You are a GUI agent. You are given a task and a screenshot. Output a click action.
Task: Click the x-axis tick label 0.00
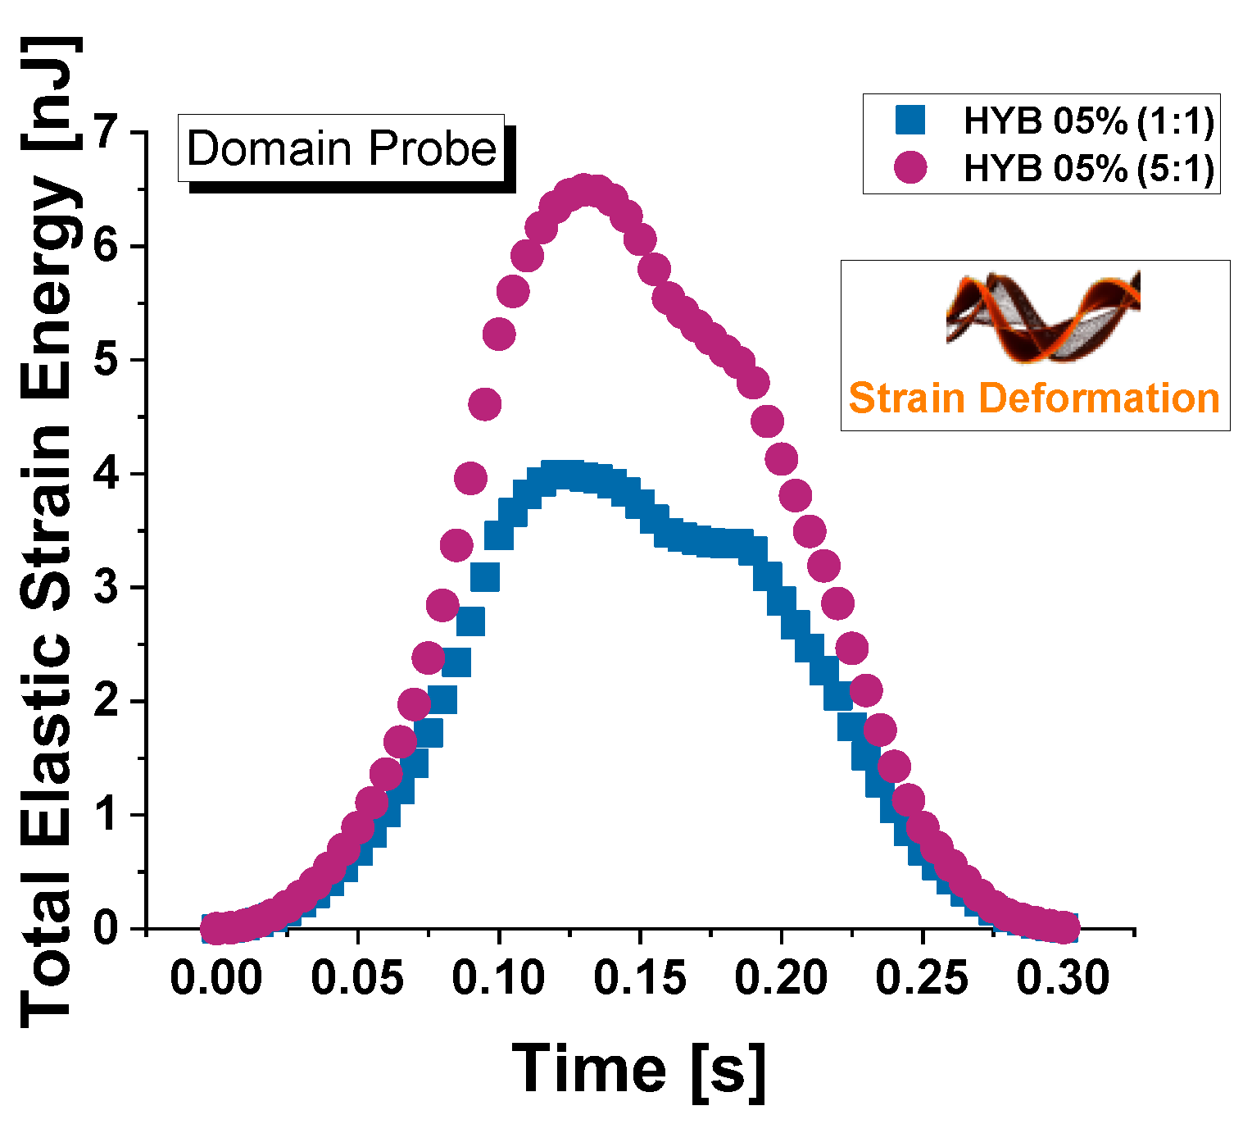(215, 979)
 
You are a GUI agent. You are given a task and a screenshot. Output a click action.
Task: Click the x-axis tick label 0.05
(357, 979)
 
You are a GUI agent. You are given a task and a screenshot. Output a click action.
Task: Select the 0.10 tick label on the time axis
(498, 979)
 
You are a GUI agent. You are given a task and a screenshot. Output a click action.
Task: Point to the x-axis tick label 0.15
(640, 979)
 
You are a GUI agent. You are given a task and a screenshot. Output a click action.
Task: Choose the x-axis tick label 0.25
(923, 979)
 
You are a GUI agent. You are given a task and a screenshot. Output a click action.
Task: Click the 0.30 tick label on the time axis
(1064, 979)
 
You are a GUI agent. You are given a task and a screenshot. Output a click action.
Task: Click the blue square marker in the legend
(910, 121)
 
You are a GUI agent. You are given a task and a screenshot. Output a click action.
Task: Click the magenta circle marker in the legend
(910, 167)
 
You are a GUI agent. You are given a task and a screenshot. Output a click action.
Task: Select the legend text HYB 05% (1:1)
(1088, 121)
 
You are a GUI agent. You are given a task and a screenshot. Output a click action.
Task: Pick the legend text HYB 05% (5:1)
(1088, 168)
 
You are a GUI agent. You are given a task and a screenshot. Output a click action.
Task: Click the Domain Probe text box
(342, 148)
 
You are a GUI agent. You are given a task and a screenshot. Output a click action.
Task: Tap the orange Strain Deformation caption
(1034, 398)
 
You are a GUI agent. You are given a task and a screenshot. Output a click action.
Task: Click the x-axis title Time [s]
(640, 1070)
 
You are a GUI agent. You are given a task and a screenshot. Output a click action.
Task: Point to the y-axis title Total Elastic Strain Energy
(51, 533)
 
